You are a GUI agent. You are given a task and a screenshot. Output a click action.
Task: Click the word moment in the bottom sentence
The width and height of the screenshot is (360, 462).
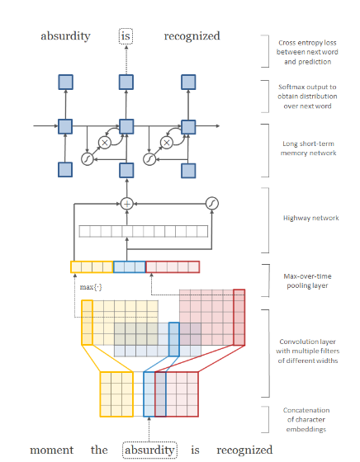[x=51, y=450]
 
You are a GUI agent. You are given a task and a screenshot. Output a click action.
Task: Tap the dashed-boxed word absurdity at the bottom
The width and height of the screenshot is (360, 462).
[x=149, y=450]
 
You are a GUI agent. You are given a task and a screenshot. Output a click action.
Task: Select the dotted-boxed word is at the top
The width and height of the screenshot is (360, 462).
[x=126, y=36]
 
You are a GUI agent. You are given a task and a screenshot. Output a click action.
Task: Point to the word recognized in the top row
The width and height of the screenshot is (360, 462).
[x=192, y=36]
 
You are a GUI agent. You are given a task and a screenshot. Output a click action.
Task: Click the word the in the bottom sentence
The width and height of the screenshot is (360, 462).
[x=99, y=450]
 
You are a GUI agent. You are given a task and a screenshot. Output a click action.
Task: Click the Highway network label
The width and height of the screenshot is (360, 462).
[x=310, y=218]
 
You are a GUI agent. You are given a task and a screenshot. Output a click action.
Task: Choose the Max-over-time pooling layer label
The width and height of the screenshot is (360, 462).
[x=307, y=280]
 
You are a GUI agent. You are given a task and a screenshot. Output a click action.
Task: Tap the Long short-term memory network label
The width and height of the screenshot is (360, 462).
[x=309, y=148]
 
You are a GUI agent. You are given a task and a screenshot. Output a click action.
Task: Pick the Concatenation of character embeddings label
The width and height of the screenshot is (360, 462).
[x=306, y=420]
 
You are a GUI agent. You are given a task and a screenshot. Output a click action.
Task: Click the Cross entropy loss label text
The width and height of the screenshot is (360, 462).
[x=307, y=52]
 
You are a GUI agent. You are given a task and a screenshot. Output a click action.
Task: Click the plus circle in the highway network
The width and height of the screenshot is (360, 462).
[x=127, y=204]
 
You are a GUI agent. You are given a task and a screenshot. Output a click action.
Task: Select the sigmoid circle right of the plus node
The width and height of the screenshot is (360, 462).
[x=212, y=203]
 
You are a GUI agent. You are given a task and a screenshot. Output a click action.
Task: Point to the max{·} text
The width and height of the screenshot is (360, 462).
[x=91, y=287]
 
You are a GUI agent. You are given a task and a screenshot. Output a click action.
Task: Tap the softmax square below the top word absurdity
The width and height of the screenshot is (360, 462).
[x=65, y=82]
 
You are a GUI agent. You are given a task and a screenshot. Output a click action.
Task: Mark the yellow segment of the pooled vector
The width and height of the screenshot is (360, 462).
[x=92, y=267]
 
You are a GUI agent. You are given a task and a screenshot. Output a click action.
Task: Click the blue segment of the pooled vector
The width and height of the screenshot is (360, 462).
[x=130, y=267]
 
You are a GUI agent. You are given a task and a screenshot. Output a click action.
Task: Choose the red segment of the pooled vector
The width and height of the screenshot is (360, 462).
[x=173, y=267]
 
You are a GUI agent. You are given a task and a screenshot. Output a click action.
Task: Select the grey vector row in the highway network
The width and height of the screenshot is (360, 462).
[x=144, y=231]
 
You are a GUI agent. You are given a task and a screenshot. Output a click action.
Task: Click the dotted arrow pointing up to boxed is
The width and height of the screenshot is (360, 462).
[x=126, y=59]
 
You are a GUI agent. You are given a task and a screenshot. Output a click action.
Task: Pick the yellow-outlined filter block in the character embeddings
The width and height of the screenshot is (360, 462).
[x=116, y=394]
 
